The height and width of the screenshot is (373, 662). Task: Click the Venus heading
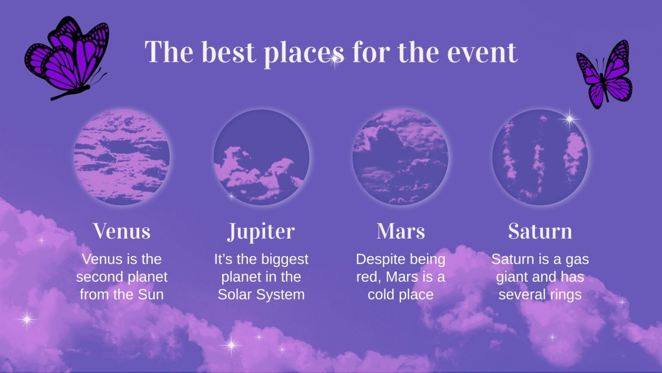click(x=122, y=231)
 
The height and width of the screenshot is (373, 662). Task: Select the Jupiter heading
click(x=261, y=231)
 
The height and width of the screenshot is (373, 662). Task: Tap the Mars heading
click(x=401, y=231)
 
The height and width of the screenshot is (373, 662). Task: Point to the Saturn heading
click(x=540, y=231)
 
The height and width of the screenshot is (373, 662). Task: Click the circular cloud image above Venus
click(x=122, y=158)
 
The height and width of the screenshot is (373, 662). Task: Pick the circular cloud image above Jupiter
click(x=261, y=158)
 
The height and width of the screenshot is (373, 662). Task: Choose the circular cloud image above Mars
click(x=401, y=158)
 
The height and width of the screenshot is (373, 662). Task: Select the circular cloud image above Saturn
click(x=540, y=158)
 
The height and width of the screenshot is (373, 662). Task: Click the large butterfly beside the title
click(x=68, y=57)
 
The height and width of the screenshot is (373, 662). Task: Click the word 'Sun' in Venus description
click(x=151, y=295)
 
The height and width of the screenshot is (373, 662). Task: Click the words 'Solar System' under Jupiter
click(x=261, y=295)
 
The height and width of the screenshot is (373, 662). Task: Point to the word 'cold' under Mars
click(x=384, y=295)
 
